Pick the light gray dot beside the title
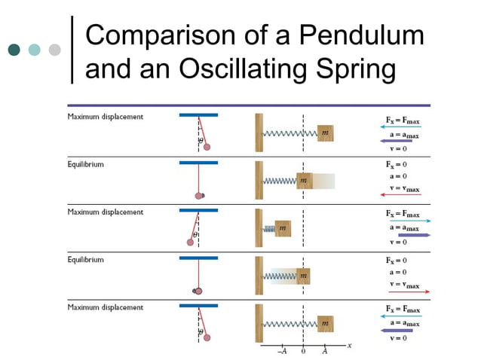coord(54,50)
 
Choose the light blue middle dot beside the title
coord(34,50)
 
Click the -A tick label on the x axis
coord(281,350)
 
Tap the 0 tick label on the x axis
coord(303,350)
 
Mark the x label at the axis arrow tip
coord(350,344)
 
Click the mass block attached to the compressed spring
coord(283,227)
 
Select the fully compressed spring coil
coord(268,227)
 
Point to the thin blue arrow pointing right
coord(405,221)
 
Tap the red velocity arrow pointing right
coord(405,291)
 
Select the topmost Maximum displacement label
coord(105,117)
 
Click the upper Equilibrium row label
coord(86,163)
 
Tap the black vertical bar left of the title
coord(72,49)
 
